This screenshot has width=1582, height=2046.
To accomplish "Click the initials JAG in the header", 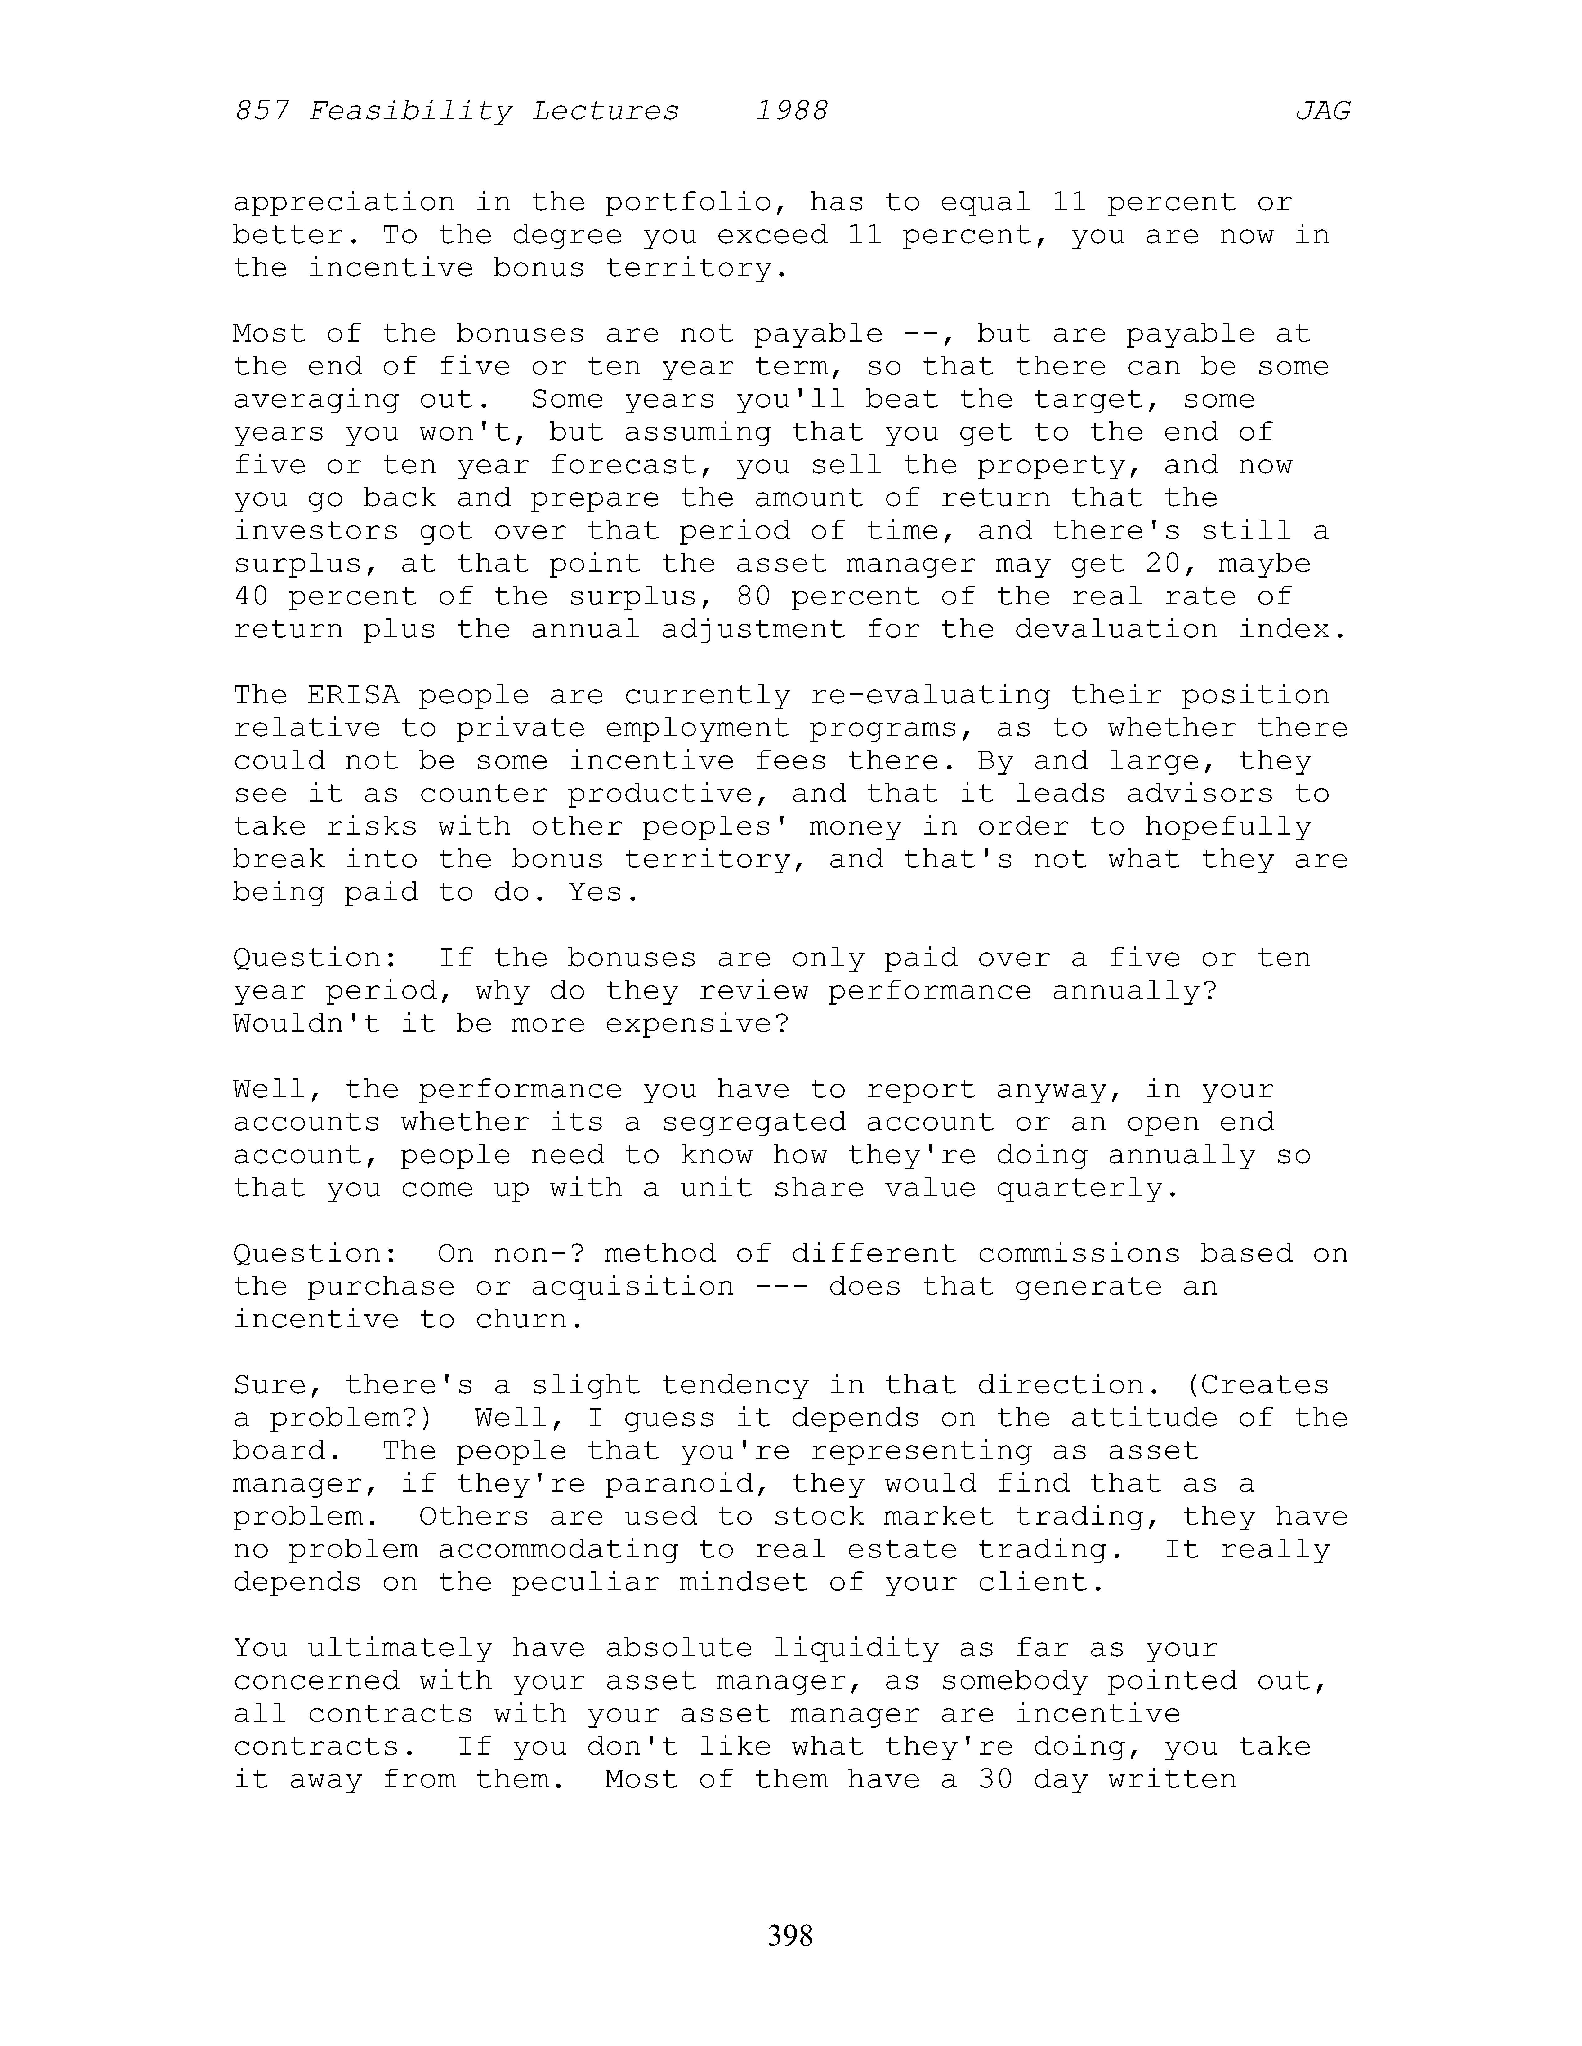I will [1322, 112].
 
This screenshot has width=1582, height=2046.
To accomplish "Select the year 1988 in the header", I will [792, 112].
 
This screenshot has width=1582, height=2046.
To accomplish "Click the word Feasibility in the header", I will [409, 112].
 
